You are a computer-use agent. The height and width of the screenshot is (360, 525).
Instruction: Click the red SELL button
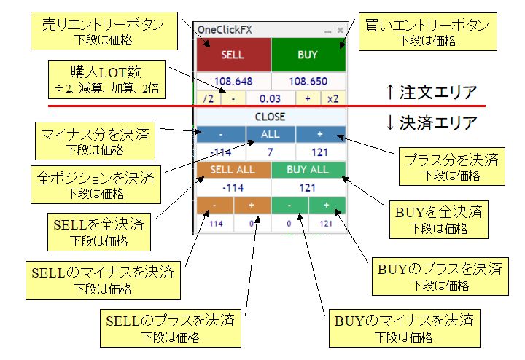point(233,55)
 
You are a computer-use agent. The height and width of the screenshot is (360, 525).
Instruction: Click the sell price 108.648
point(233,81)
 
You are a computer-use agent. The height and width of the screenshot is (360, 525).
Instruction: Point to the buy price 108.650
point(308,81)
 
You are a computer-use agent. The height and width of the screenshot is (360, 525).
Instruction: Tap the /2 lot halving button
point(208,98)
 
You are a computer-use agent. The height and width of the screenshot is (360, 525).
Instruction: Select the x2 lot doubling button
point(333,98)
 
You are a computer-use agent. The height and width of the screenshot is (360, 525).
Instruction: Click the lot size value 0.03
point(271,98)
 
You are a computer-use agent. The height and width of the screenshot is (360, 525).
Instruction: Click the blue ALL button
point(270,135)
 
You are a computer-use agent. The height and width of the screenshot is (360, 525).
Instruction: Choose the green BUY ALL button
point(308,169)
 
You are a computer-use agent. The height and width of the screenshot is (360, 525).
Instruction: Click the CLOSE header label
point(270,117)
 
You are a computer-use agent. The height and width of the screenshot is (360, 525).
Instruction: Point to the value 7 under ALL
point(270,152)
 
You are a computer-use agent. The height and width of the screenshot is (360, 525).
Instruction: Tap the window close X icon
point(340,30)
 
